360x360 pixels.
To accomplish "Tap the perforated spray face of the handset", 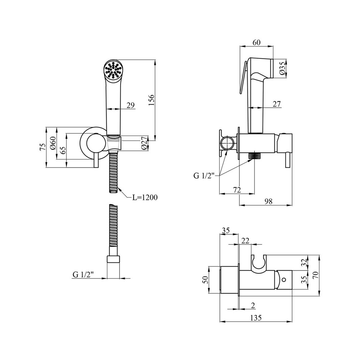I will (113, 70).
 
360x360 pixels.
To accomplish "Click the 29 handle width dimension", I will (130, 105).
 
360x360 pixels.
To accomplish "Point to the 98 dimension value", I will (268, 202).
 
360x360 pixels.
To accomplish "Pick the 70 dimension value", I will (316, 275).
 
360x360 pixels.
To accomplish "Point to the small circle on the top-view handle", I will (284, 279).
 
